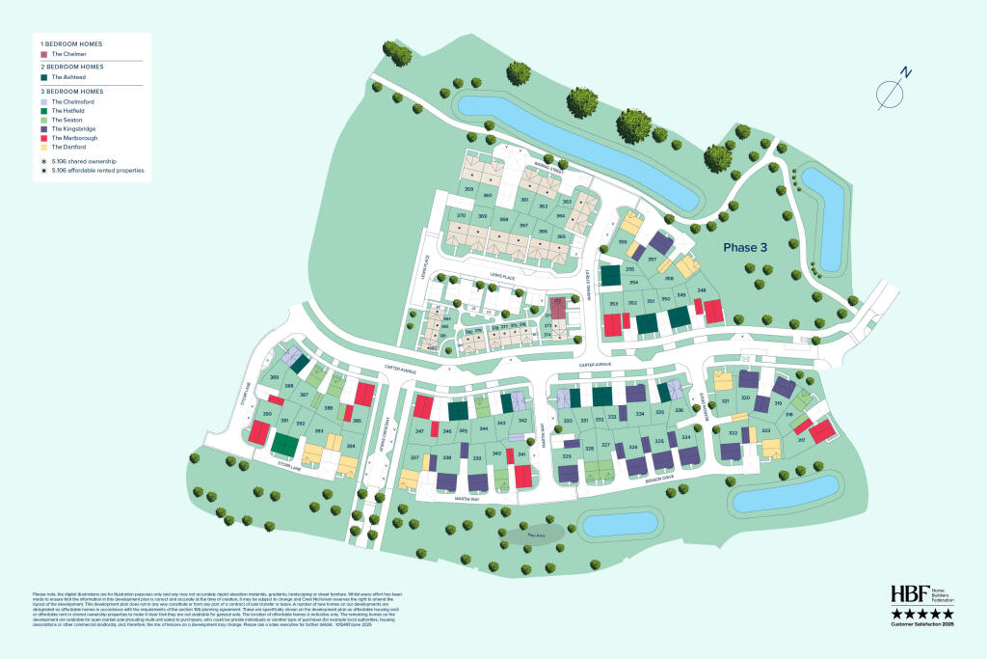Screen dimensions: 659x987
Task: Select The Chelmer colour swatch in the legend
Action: (x=44, y=54)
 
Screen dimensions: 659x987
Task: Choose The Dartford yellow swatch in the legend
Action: (x=44, y=147)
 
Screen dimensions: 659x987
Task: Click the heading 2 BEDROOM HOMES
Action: (x=71, y=67)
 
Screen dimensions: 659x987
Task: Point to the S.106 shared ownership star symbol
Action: (x=44, y=160)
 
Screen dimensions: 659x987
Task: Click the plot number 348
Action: (x=703, y=290)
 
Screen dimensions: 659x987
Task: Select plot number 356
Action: (x=623, y=241)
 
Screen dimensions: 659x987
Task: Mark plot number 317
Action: (x=800, y=439)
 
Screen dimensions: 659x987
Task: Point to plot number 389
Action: (x=275, y=376)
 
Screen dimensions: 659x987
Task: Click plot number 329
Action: (x=567, y=455)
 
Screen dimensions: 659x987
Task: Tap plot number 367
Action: (x=524, y=225)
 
